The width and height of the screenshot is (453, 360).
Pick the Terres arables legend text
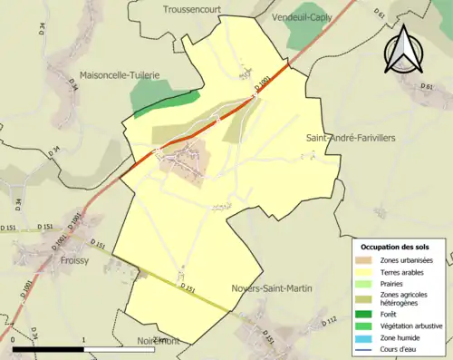pyautogui.click(x=404, y=272)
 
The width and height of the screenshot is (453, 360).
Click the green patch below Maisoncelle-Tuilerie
pyautogui.click(x=164, y=101)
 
